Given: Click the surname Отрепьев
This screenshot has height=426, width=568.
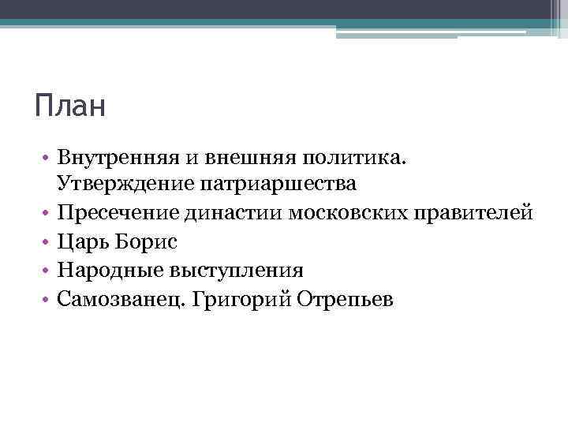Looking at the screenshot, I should (349, 300).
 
